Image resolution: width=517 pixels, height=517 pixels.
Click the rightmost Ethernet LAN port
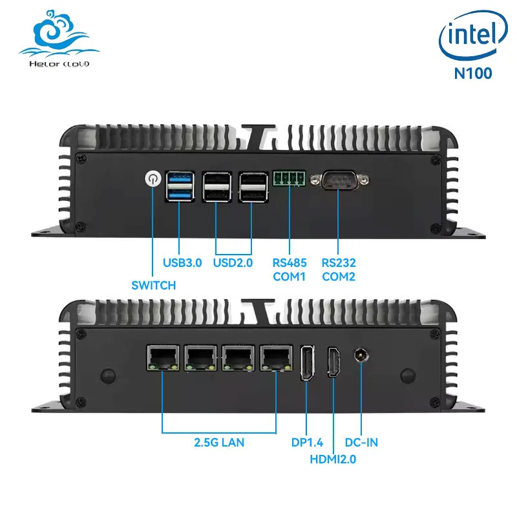(x=275, y=358)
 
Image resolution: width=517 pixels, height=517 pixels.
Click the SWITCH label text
(x=153, y=285)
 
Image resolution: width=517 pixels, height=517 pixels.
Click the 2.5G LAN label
(x=219, y=443)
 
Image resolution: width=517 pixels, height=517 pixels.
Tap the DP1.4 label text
(x=306, y=443)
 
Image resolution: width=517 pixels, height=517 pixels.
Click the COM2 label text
(x=339, y=277)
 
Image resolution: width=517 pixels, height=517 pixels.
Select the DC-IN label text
(x=361, y=443)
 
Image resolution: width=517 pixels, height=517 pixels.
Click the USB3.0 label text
(x=182, y=263)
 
